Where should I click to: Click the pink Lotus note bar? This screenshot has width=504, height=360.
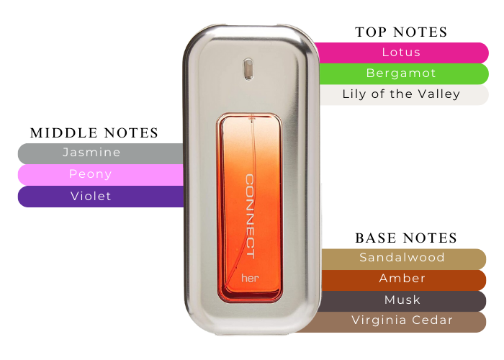click(x=401, y=53)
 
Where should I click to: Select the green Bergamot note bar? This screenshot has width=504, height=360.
click(x=401, y=73)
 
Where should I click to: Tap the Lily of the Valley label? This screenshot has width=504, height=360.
click(x=401, y=94)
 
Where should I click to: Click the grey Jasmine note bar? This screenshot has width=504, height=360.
click(x=91, y=153)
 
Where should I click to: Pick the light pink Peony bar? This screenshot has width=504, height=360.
click(x=91, y=174)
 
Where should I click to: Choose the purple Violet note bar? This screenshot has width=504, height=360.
click(x=91, y=196)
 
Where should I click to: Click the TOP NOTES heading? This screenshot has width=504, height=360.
click(x=401, y=32)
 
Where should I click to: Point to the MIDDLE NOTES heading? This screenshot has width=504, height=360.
click(x=94, y=133)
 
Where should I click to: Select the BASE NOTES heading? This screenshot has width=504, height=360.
click(x=406, y=238)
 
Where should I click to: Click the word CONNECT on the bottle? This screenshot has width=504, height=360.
click(x=250, y=216)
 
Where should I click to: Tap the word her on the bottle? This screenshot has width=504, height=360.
click(x=248, y=277)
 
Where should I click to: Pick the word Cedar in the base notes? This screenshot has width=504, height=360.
click(x=434, y=320)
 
